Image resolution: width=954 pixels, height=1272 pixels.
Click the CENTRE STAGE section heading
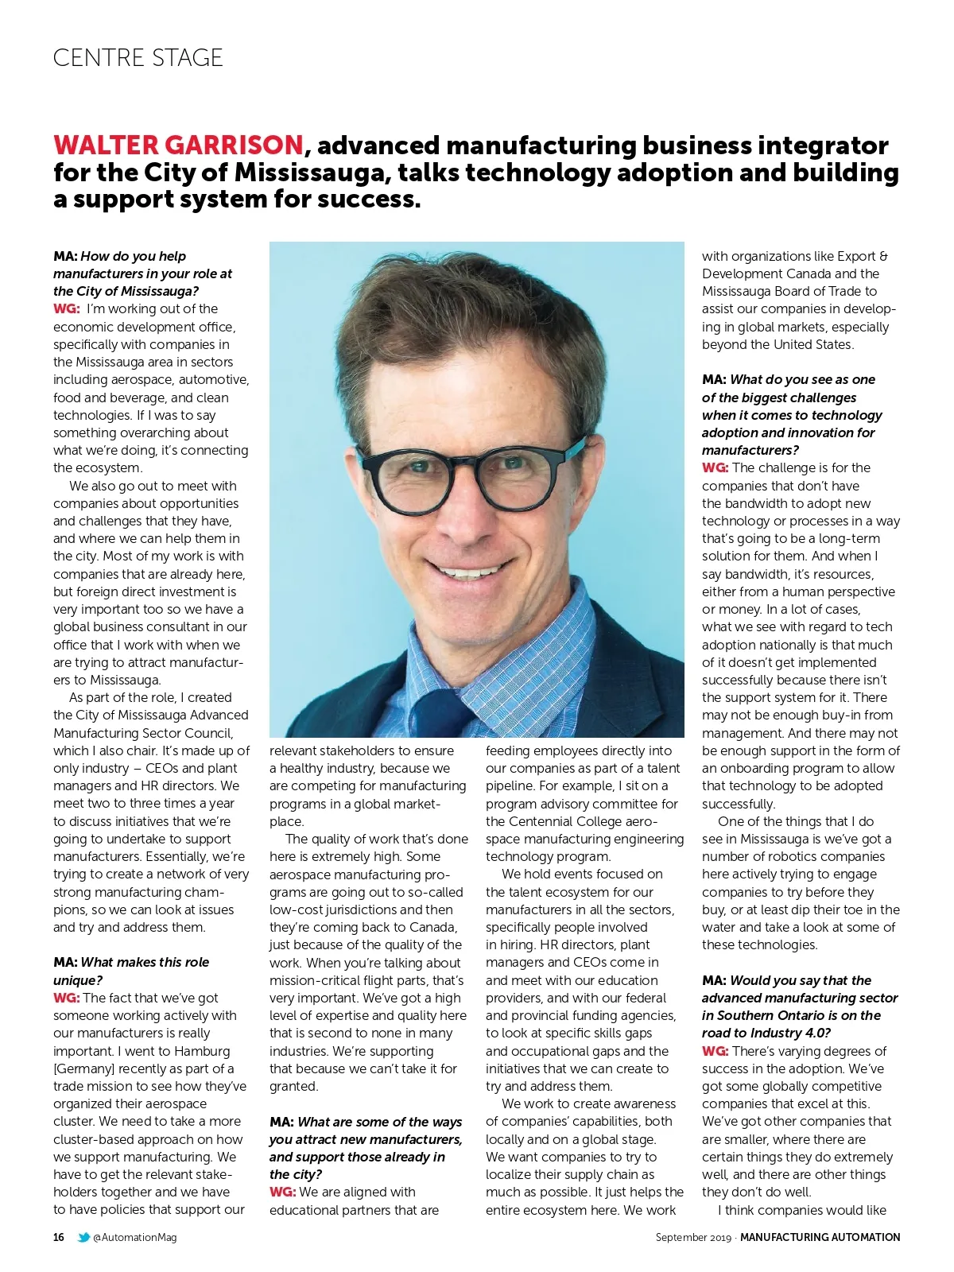[x=138, y=58]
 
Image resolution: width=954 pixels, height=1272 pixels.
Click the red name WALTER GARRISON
[x=178, y=145]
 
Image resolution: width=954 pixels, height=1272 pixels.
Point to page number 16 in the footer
[x=59, y=1237]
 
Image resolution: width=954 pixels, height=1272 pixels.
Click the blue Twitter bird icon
[x=83, y=1237]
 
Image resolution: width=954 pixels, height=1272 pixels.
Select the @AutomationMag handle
[x=135, y=1237]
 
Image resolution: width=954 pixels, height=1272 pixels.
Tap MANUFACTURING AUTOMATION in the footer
[x=820, y=1237]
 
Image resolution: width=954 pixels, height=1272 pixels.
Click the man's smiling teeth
[x=470, y=572]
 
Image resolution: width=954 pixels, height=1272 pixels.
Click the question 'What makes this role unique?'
[x=131, y=971]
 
